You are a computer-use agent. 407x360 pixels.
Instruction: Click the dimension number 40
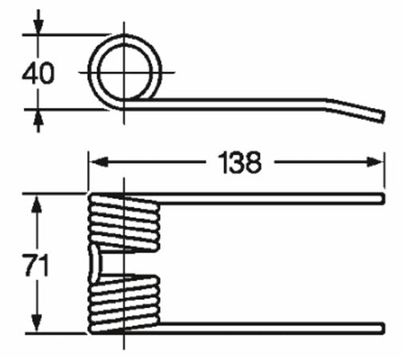[x=38, y=73]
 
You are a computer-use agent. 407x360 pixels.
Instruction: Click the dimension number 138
[x=240, y=162]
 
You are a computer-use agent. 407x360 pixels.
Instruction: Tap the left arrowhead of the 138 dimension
[x=98, y=162]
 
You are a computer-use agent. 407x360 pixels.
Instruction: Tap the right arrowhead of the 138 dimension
[x=375, y=162]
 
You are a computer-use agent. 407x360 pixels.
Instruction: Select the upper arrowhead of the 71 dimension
[x=37, y=204]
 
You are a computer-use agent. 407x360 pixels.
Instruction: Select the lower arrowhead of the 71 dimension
[x=37, y=323]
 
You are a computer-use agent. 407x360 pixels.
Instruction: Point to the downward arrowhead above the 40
[x=38, y=26]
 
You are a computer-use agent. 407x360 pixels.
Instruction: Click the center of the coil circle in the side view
[x=124, y=72]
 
